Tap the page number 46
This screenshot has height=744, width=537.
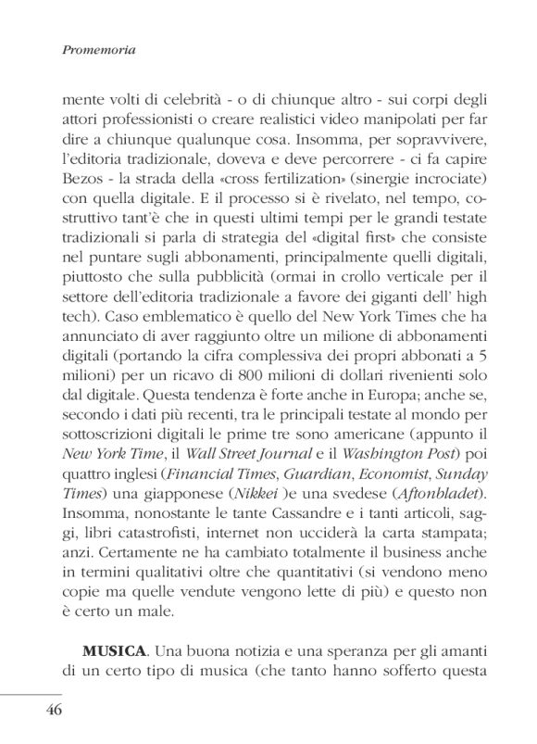(47, 711)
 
